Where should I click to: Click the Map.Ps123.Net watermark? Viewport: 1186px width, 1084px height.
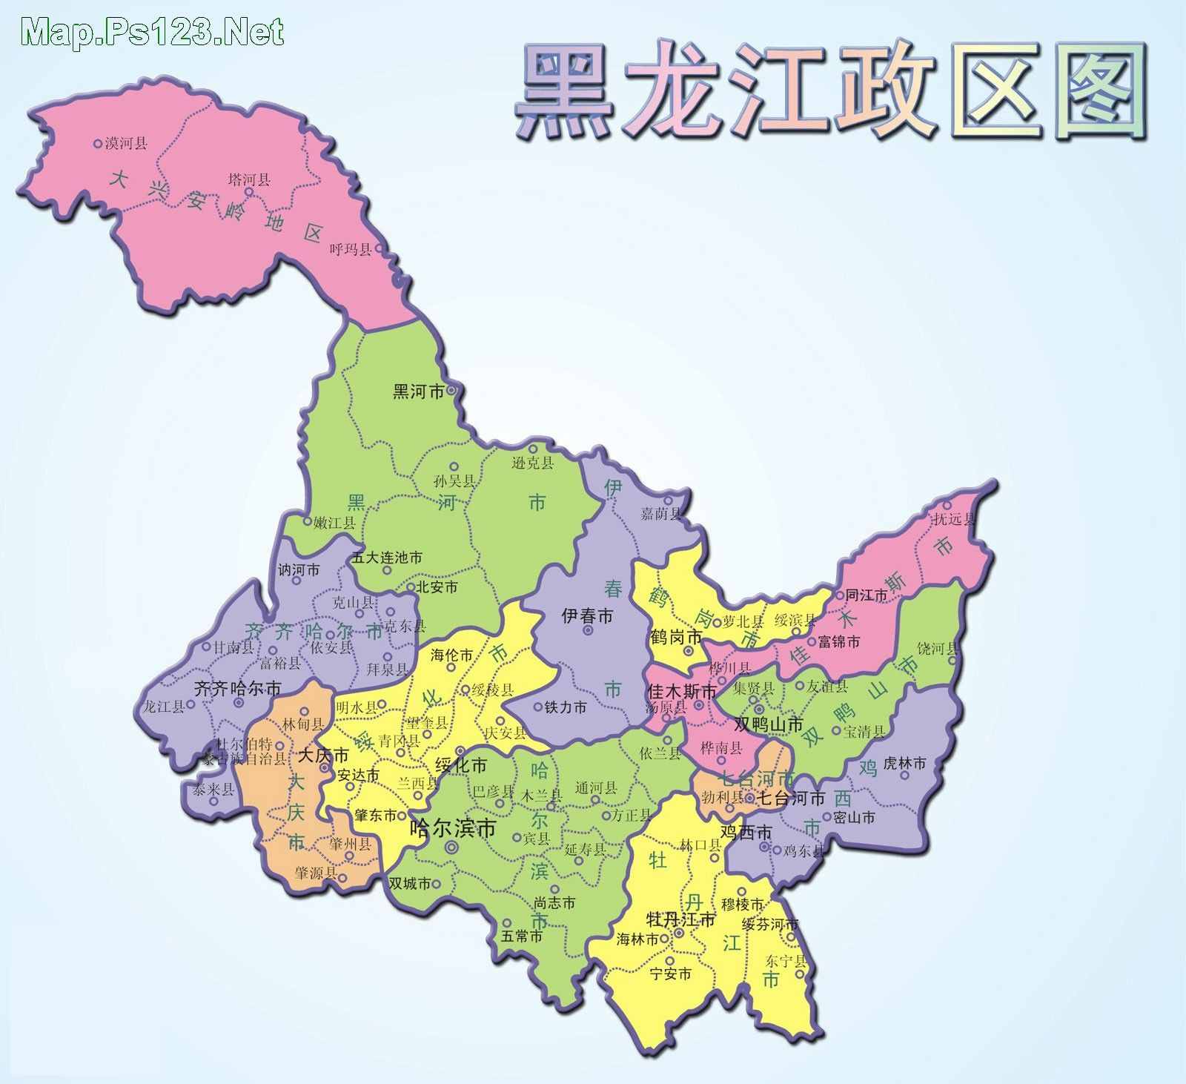coord(152,32)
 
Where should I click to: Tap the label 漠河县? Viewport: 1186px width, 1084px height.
coord(125,144)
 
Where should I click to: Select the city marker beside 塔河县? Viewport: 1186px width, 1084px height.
coord(249,192)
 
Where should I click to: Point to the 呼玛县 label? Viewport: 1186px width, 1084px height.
coord(351,249)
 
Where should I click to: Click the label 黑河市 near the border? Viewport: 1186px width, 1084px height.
coord(418,391)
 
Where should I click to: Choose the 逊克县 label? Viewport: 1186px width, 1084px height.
coord(532,463)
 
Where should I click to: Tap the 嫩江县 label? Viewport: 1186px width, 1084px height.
coord(334,523)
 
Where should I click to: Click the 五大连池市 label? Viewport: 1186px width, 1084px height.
coord(387,557)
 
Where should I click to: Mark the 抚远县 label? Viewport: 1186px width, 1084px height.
coord(955,519)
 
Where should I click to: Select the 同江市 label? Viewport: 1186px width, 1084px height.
coord(866,595)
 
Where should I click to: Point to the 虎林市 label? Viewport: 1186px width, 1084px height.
coord(904,763)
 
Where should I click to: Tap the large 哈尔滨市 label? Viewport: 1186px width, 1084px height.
coord(452,827)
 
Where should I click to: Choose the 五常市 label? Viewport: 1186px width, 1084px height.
coord(522,936)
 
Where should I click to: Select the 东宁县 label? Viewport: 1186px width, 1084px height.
coord(786,962)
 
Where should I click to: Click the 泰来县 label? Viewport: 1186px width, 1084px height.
coord(213,790)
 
